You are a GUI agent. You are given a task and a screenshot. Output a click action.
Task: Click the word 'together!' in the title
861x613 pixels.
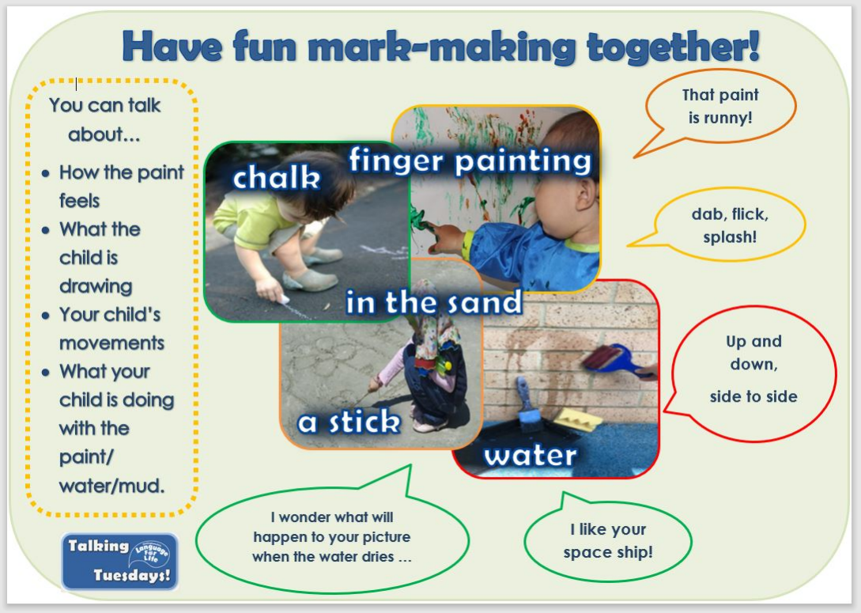coord(673,47)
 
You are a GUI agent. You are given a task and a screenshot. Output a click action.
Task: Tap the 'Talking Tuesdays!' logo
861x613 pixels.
coord(119,562)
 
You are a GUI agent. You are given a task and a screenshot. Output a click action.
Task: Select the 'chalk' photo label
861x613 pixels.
coord(276,178)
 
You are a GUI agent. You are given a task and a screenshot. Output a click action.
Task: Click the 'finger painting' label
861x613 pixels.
coord(470,161)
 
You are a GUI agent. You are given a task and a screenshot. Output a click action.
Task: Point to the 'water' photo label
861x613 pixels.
coord(531,456)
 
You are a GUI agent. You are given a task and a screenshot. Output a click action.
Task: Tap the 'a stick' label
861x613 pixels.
coord(349,422)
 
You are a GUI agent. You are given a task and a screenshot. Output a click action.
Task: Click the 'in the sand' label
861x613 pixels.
coord(434,301)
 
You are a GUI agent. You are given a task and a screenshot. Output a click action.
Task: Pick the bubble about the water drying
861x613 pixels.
coord(331,535)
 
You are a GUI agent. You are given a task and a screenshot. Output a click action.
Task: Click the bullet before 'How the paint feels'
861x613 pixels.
coord(46,174)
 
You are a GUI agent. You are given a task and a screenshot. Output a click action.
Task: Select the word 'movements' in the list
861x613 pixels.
coord(112,342)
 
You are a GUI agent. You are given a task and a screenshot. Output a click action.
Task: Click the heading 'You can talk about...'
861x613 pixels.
coord(104,119)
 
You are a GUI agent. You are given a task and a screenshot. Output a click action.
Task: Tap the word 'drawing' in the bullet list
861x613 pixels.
coord(96,286)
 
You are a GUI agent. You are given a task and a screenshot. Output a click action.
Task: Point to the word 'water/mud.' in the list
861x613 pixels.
coord(111,486)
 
